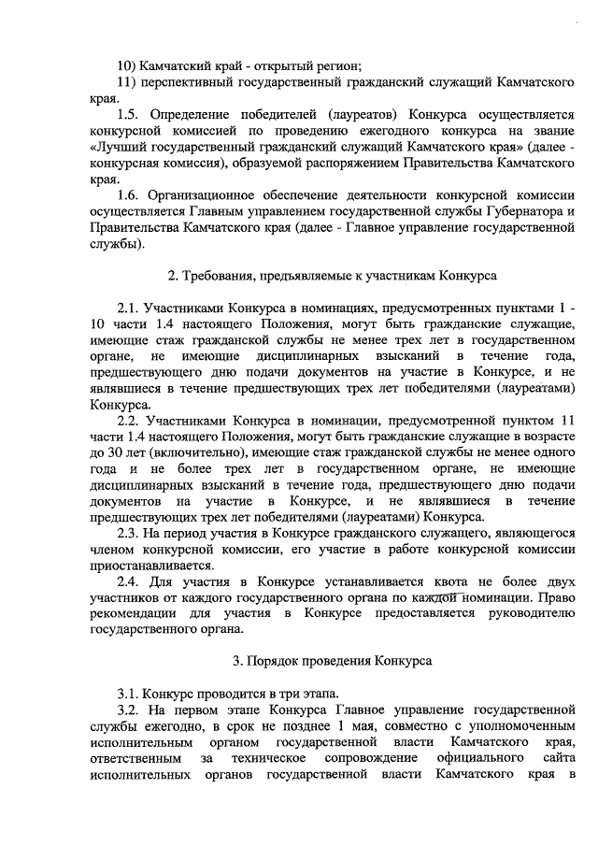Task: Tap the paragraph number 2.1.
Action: pos(128,308)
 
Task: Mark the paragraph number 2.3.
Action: pos(128,533)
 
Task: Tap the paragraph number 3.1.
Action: pos(128,694)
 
